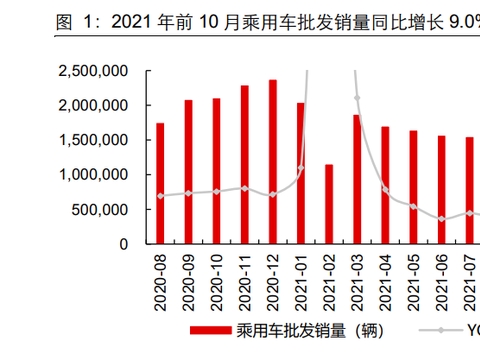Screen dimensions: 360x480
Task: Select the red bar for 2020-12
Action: pos(273,161)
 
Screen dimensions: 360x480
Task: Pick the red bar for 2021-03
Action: pos(357,179)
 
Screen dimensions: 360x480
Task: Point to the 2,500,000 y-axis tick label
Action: pos(93,71)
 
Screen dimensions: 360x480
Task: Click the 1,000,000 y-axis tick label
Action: pos(93,174)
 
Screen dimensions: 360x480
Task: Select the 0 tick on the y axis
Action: pos(124,243)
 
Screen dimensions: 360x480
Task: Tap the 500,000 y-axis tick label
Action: pos(100,209)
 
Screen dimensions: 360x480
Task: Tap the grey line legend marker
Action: pos(442,329)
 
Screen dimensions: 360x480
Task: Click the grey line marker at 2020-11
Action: pos(245,188)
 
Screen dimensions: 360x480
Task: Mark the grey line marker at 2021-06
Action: pos(441,219)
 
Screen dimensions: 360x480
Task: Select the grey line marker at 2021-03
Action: pos(357,98)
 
